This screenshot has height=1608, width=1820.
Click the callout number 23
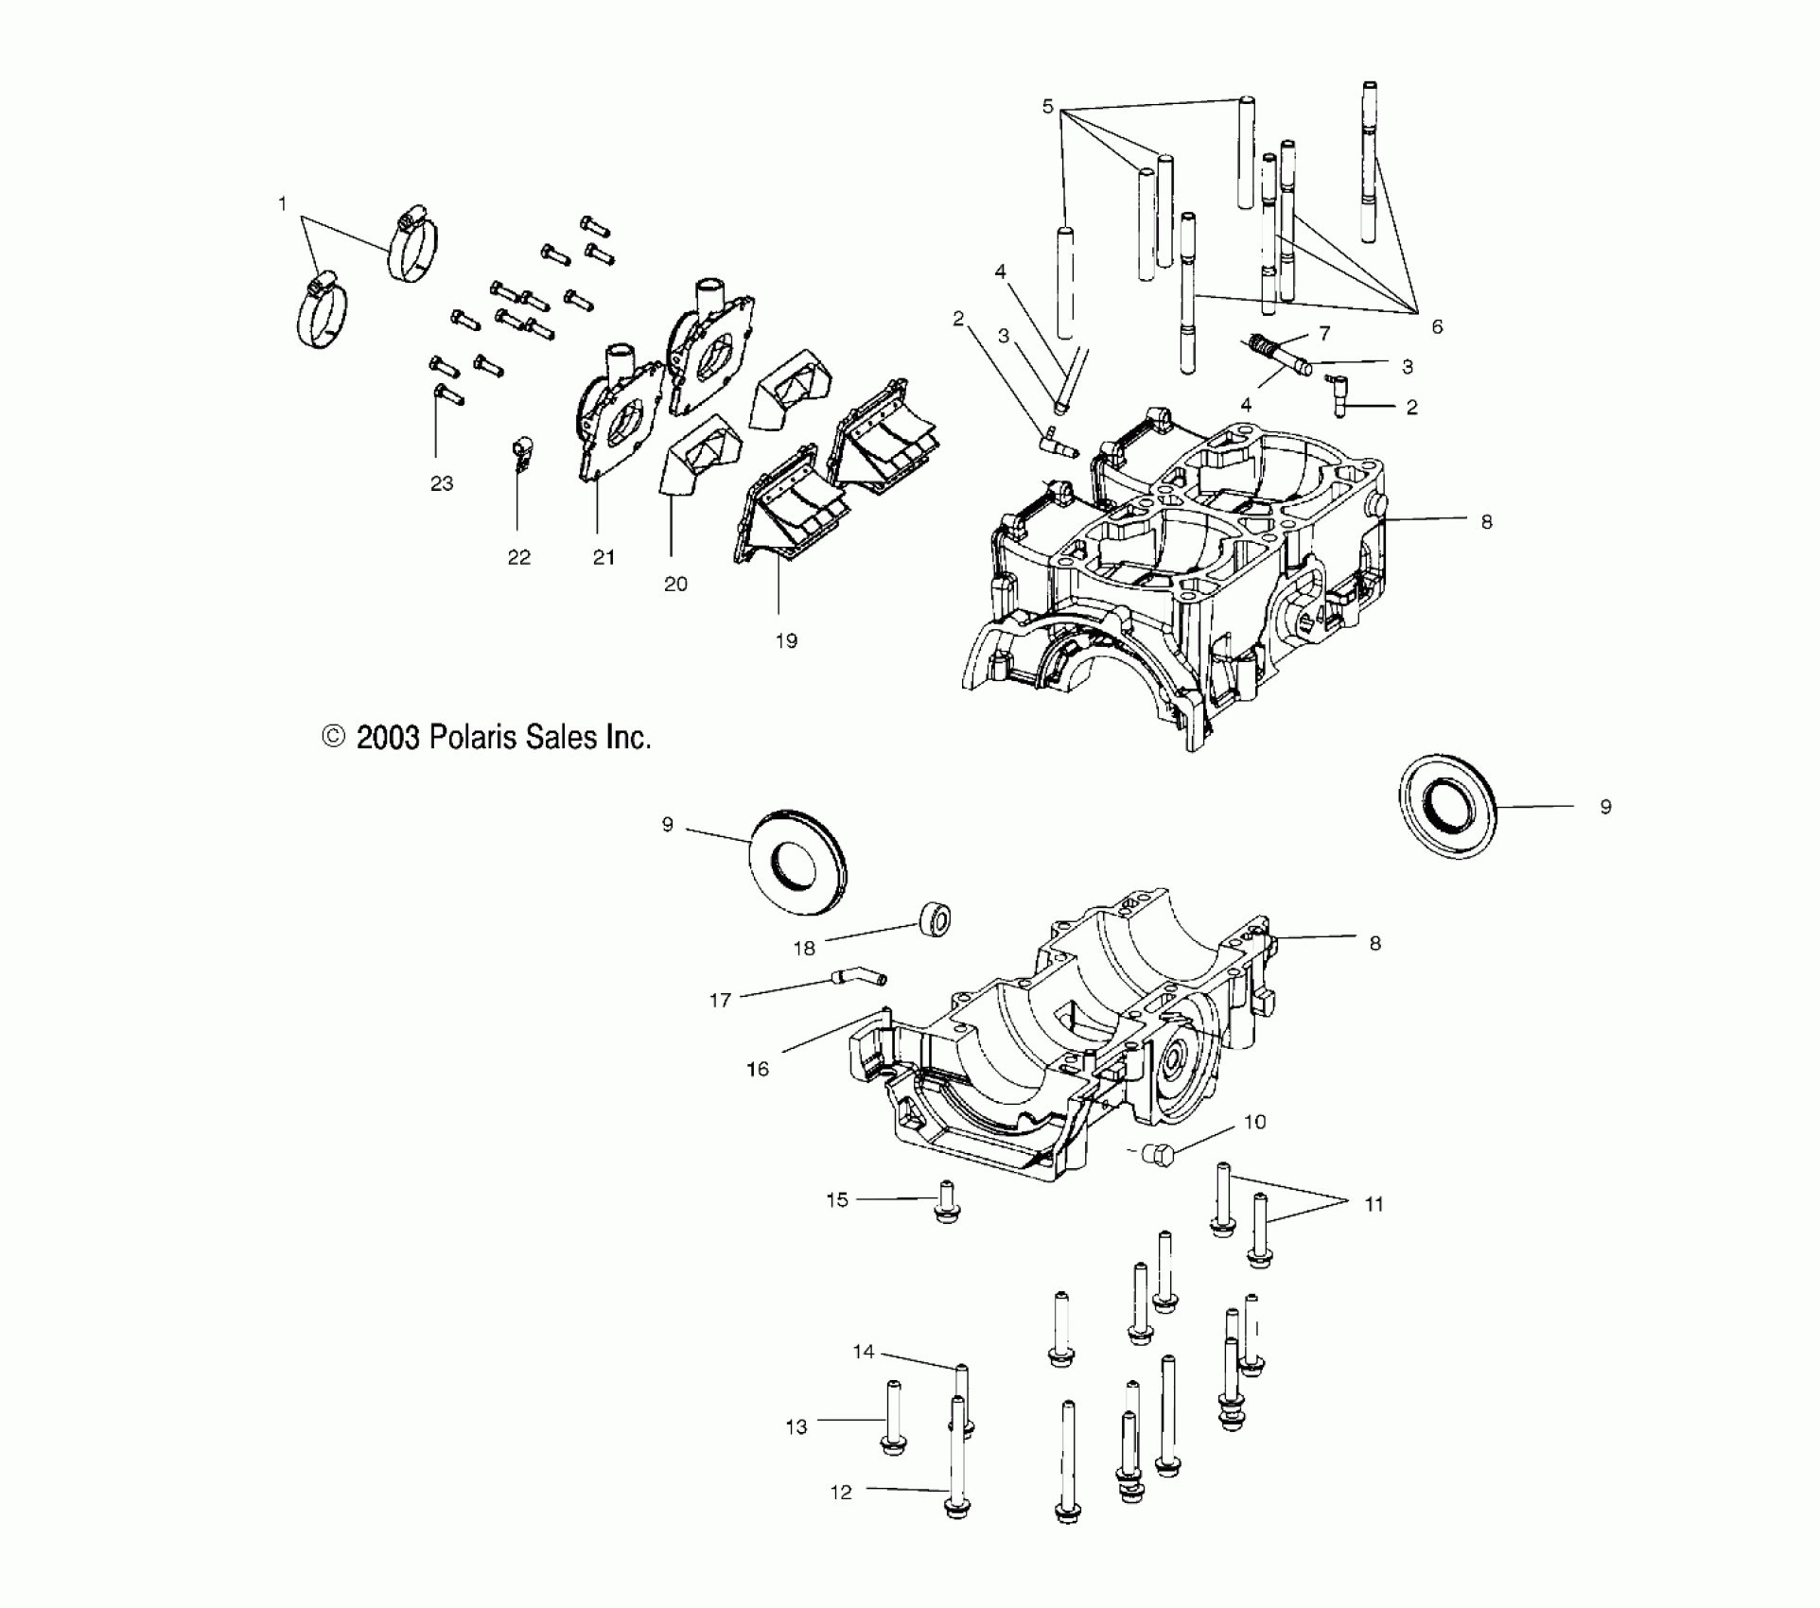[x=442, y=483]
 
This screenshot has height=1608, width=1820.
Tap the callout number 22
[x=518, y=557]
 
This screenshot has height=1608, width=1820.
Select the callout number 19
[x=786, y=640]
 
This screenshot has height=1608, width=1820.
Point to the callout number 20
[x=675, y=584]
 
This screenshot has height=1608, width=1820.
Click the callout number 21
[x=604, y=557]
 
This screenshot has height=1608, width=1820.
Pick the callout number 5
[x=1047, y=106]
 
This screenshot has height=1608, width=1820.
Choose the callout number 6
[x=1437, y=326]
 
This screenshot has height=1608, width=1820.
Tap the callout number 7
[x=1324, y=333]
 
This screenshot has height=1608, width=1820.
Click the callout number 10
[x=1254, y=1122]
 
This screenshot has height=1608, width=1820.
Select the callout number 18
[x=804, y=948]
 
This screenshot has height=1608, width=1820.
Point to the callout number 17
[x=720, y=1000]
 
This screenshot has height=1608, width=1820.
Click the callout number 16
[x=758, y=1069]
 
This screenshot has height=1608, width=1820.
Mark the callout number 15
[x=837, y=1199]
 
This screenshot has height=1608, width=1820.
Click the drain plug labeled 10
[x=1156, y=1154]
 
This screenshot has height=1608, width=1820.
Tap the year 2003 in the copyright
[x=387, y=737]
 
